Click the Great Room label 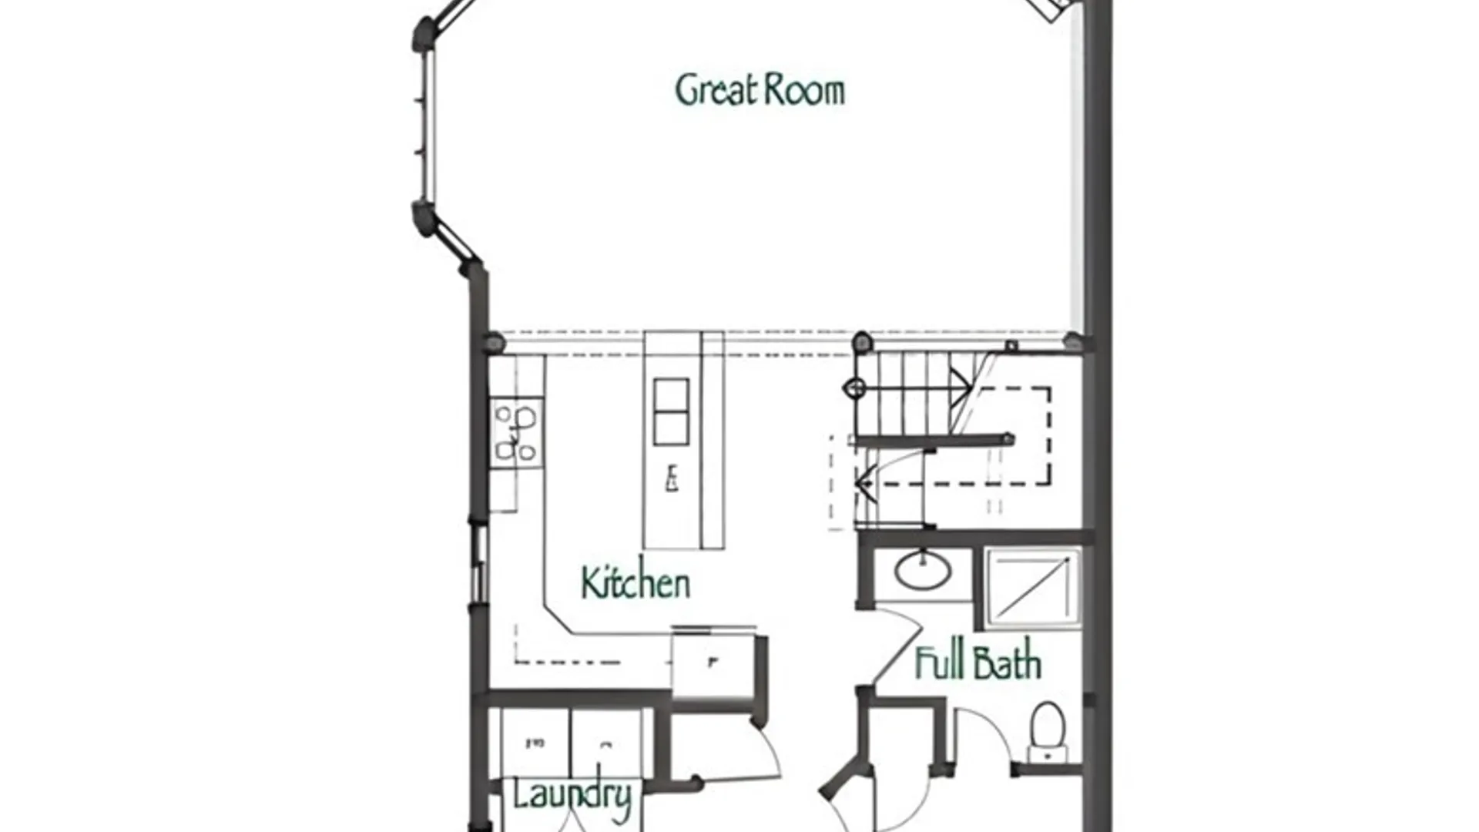click(760, 89)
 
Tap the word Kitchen click(636, 582)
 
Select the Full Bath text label click(978, 663)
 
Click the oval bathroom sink click(922, 571)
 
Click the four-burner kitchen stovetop click(516, 432)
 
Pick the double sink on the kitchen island click(671, 412)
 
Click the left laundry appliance click(535, 744)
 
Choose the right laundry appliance click(606, 744)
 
